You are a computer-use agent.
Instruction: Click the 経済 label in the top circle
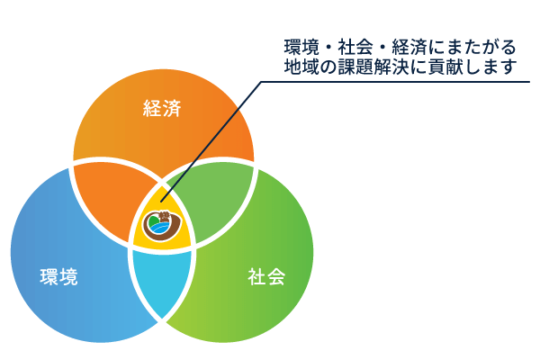point(163,110)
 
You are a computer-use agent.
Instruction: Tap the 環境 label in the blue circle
point(59,277)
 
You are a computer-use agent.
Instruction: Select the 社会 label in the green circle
point(266,277)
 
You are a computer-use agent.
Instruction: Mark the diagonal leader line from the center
point(216,135)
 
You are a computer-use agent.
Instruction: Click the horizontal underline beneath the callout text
point(396,82)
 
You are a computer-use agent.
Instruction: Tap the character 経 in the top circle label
point(153,110)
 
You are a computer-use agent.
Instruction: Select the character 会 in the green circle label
point(276,277)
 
